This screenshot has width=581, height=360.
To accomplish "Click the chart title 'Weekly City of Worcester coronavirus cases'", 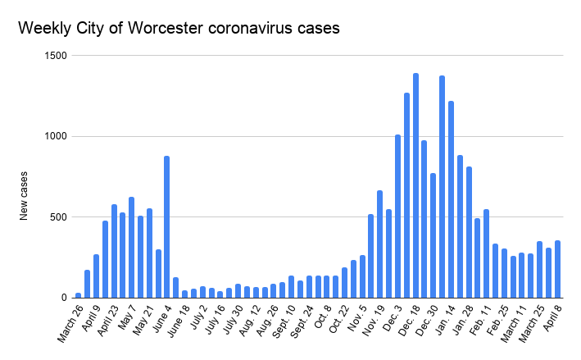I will [x=179, y=28].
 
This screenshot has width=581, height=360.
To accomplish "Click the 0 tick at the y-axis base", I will [x=63, y=298].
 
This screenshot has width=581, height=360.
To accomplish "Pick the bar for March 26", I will [x=78, y=295].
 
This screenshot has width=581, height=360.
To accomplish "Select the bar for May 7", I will [x=131, y=247].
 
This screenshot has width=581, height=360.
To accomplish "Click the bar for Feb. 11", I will [x=487, y=253].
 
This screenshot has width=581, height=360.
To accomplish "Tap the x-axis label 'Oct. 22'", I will [x=335, y=320].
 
